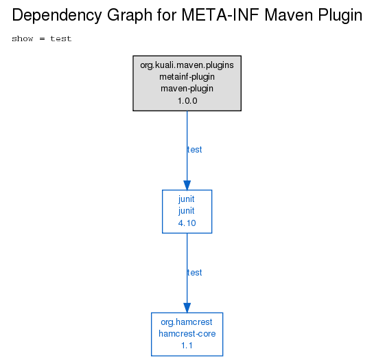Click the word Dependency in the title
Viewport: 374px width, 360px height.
tap(57, 16)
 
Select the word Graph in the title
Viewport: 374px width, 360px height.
tap(130, 16)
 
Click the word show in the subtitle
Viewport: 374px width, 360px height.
tap(23, 38)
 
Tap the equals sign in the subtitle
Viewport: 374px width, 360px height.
tap(42, 38)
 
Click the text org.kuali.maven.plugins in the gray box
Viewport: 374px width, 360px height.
tap(187, 65)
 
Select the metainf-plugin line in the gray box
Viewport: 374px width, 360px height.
tap(187, 77)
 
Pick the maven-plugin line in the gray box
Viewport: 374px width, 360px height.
tap(187, 89)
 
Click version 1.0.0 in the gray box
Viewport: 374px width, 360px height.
tap(187, 101)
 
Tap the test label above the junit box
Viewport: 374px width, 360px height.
tap(194, 150)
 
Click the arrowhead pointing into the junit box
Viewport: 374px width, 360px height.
tap(187, 185)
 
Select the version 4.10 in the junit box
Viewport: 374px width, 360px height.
tap(187, 223)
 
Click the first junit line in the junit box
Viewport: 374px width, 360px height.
tap(187, 199)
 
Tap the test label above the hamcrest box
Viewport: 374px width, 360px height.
tap(194, 273)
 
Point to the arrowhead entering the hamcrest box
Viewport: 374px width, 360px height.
tap(187, 308)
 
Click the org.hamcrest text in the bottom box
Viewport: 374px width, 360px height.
tap(187, 322)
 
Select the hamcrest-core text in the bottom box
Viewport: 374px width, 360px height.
tap(187, 334)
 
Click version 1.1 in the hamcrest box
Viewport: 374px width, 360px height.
tap(187, 346)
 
